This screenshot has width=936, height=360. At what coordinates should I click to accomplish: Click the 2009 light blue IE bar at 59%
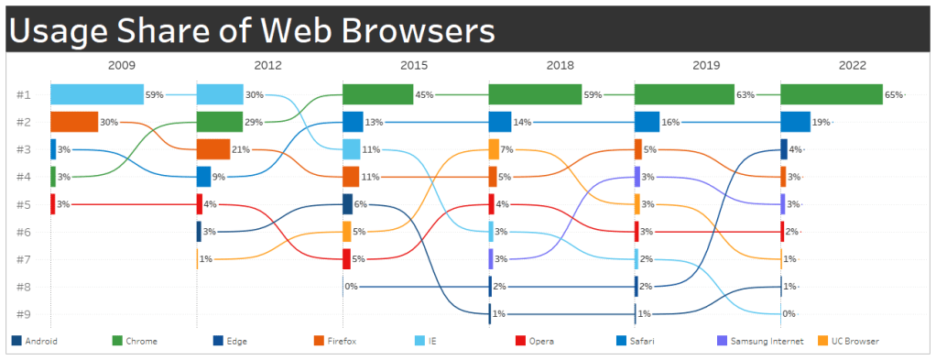(96, 94)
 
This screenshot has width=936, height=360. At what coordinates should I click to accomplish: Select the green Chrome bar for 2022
(831, 94)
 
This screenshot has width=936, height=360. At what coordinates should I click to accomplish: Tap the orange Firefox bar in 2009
(74, 122)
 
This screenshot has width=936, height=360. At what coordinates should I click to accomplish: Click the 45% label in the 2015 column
(425, 94)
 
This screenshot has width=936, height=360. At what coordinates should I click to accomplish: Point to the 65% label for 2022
(893, 94)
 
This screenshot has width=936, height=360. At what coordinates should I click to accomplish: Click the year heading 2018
(561, 66)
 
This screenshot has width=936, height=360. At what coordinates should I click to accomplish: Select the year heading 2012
(267, 66)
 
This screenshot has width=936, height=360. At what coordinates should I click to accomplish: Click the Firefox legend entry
(343, 342)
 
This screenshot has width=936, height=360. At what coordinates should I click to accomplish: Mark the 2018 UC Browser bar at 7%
(494, 149)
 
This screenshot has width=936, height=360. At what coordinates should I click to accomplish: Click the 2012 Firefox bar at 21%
(212, 149)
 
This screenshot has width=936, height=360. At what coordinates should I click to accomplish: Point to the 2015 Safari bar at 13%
(353, 122)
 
